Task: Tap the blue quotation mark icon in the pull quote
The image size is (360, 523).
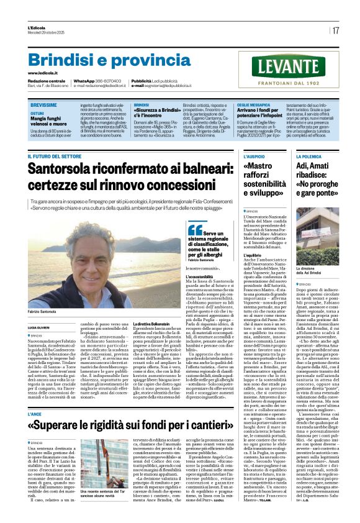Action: (x=195, y=230)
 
